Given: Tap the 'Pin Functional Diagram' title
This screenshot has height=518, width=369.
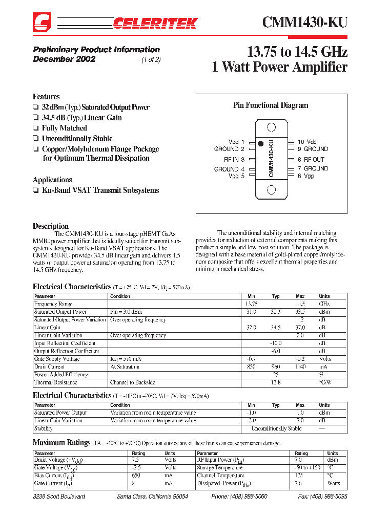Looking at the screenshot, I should [x=271, y=105].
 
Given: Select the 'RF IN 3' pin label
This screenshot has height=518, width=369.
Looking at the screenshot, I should [x=231, y=160].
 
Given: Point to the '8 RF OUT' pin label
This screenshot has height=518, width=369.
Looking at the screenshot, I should [x=311, y=160].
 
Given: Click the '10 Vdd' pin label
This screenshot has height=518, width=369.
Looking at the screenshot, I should [x=307, y=142].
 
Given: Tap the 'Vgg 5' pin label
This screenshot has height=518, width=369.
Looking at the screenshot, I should [x=236, y=176].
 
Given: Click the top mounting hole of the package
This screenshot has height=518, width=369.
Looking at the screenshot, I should [x=272, y=127].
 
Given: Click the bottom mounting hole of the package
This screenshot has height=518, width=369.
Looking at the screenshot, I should [x=272, y=190].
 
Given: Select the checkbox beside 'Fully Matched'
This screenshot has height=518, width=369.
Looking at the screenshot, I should [x=35, y=128].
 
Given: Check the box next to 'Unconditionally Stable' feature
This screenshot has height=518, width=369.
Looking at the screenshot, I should [x=35, y=139].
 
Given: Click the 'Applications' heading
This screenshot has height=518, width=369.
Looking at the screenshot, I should [x=52, y=180].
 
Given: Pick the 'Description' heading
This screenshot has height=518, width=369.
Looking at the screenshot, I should [x=51, y=226].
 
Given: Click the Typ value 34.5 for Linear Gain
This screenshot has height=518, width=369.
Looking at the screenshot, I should [x=276, y=328].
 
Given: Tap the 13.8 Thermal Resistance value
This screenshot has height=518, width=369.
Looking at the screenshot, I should [x=276, y=382].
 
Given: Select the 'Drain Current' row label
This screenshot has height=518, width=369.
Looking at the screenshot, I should [x=50, y=367].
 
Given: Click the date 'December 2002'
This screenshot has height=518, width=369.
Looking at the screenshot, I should [x=64, y=59].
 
